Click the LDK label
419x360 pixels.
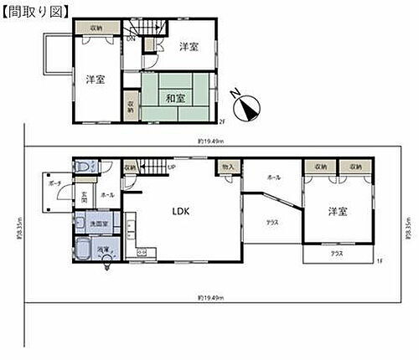tap(181, 211)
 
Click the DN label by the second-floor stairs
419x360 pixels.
tap(131, 39)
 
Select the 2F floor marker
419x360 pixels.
tap(223, 122)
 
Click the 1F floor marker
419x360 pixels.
tap(378, 262)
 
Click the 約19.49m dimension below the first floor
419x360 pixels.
tap(209, 297)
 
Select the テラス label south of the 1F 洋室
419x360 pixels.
tap(335, 253)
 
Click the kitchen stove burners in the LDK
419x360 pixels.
tap(142, 253)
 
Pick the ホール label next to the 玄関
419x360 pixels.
tap(106, 194)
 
